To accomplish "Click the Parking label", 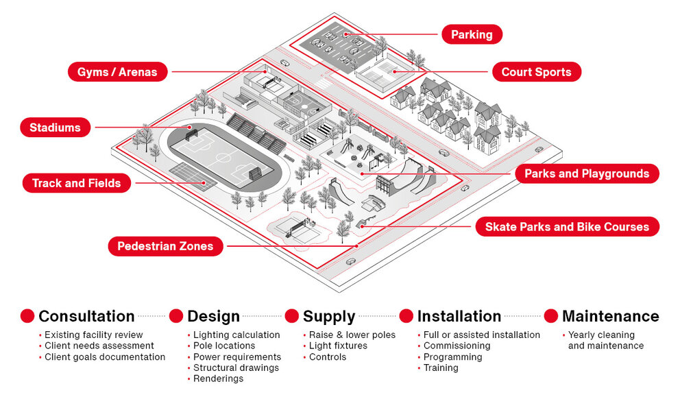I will (472, 34).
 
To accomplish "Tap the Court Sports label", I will (536, 72).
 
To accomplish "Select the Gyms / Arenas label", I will (117, 72).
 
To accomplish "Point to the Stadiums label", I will (55, 128).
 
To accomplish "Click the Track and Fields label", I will (76, 183).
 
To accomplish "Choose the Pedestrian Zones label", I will (165, 246).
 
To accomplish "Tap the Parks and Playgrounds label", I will (586, 173).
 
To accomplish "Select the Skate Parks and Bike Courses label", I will (567, 227).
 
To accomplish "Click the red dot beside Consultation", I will (27, 316).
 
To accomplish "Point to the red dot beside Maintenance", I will (550, 316).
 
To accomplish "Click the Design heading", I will (213, 316).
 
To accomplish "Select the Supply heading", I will (329, 316).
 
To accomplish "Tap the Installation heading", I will (459, 316).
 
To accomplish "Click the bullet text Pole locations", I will (224, 346).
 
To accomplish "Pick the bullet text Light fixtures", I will (338, 346).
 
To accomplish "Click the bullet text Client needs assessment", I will (99, 346).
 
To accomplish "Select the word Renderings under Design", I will (218, 378).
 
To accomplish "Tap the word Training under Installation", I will (441, 368).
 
